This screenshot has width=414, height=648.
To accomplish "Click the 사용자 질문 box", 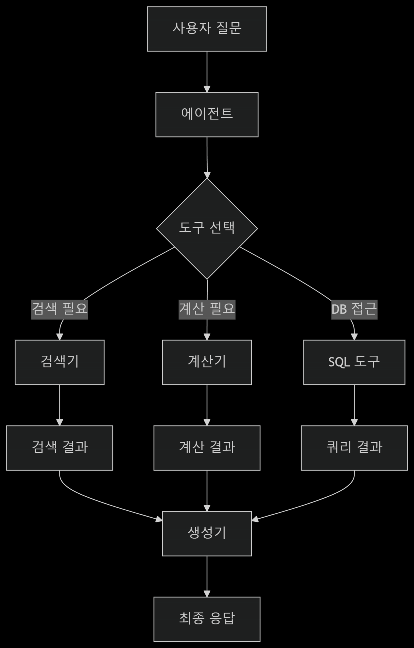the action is tap(207, 29).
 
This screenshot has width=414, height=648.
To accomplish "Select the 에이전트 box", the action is tap(207, 114).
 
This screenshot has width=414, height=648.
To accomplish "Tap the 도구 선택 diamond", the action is tap(207, 229).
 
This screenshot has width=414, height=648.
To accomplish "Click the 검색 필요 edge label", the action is tap(60, 310).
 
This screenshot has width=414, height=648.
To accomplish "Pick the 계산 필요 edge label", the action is tap(207, 310).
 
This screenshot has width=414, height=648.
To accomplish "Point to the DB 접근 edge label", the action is tap(354, 310).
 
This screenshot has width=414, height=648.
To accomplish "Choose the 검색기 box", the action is tap(60, 362).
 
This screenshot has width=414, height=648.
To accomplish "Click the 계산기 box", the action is tap(207, 362).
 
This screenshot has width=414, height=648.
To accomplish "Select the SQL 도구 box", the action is tap(354, 362).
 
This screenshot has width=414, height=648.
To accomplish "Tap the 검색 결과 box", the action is tap(60, 448).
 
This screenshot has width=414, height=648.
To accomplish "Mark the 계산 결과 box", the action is tap(207, 448).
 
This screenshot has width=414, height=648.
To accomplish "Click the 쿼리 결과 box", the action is tap(354, 448).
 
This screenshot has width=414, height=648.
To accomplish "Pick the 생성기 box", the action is tap(207, 533).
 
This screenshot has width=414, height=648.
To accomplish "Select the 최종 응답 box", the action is tap(207, 619).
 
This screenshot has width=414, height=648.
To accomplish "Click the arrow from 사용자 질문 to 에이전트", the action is tap(207, 72).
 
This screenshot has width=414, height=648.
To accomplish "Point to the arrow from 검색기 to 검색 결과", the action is tap(60, 405).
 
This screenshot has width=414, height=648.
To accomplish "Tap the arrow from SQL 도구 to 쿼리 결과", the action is tap(354, 405).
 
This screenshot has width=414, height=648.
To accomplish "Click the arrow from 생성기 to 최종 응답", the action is tap(207, 576).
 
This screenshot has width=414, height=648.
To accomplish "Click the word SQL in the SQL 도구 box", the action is tap(339, 362).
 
